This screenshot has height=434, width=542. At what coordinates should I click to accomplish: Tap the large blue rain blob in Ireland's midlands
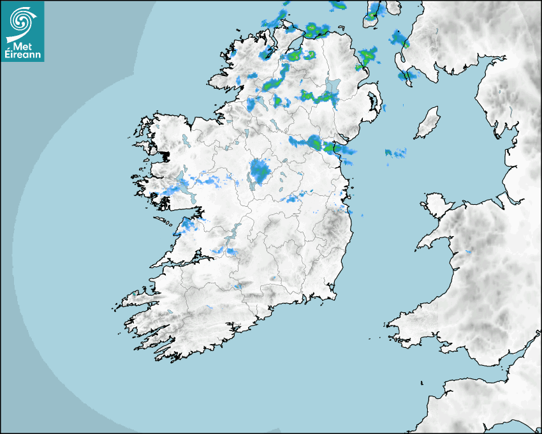pos(259,170)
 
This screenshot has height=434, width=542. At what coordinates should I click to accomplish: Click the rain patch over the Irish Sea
pos(396,153)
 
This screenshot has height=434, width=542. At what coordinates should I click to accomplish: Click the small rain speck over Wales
pos(469,251)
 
